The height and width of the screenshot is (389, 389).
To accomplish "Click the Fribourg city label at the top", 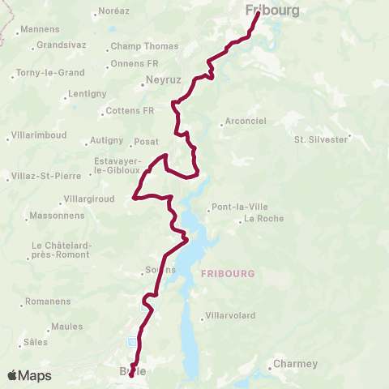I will tap(271, 11).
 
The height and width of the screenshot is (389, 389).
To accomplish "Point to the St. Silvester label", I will tap(321, 139).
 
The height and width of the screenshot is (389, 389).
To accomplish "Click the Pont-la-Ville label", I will tap(236, 206).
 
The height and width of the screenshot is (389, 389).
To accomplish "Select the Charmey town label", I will tap(295, 364).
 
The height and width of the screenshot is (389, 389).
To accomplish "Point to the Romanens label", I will tap(48, 301).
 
